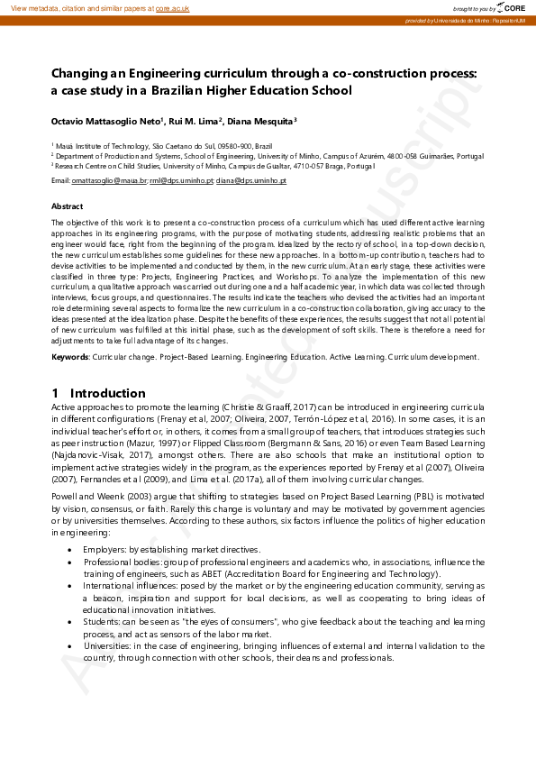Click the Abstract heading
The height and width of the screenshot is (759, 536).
[x=68, y=206]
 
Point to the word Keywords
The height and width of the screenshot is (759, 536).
[x=69, y=357]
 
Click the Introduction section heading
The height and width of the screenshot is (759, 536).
[x=107, y=393]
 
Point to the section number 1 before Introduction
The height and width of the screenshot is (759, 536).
[x=55, y=393]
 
